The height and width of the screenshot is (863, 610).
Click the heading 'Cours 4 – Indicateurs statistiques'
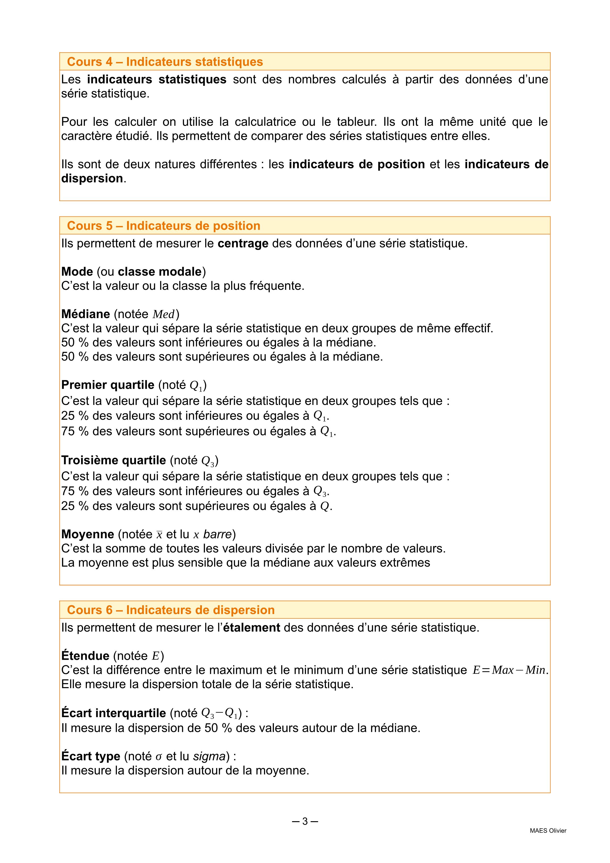[x=165, y=62]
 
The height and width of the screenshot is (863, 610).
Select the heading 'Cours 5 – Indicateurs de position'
[x=164, y=226]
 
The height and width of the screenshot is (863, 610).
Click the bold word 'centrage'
[x=243, y=244]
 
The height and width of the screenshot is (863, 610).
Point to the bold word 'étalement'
[x=252, y=628]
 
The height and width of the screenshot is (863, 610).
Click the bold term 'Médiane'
[x=86, y=314]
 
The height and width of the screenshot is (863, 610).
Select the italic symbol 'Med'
[x=164, y=314]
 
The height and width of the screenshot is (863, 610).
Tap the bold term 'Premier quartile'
[x=108, y=385]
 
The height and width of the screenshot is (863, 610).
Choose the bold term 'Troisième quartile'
[x=113, y=460]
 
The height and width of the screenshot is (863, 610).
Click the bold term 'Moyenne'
[x=88, y=534]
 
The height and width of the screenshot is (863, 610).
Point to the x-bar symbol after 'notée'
[x=159, y=535]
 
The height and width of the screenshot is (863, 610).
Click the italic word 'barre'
[x=218, y=534]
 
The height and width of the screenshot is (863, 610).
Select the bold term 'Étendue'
[x=85, y=656]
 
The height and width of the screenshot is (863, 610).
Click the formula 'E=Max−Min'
[x=509, y=670]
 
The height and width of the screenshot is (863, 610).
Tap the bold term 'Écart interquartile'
[x=113, y=713]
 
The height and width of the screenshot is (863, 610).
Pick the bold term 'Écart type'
[x=90, y=756]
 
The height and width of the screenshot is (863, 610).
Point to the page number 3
[x=305, y=821]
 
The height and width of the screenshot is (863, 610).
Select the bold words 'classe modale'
[x=160, y=271]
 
